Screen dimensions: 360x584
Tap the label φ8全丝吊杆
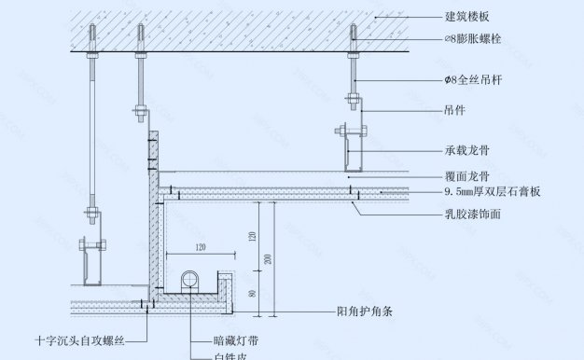point(475,82)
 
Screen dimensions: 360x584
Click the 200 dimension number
point(268,257)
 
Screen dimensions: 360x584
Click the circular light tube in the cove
point(189,278)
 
